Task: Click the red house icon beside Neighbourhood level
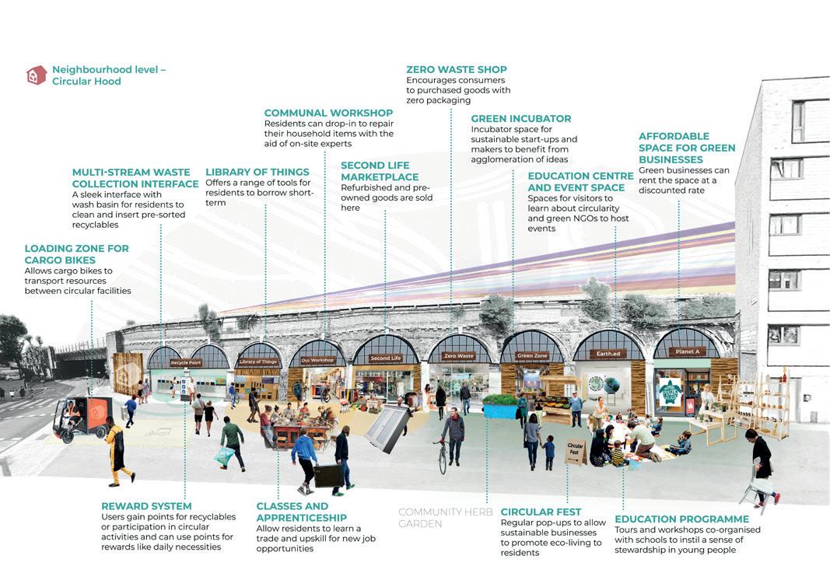pos(36,75)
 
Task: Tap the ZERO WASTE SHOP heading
pos(457,70)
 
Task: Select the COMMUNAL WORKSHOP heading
pos(328,113)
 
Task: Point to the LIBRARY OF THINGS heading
pos(257,173)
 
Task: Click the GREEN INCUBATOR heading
pos(520,119)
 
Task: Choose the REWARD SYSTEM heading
pos(146,506)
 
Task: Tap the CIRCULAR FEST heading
pos(541,512)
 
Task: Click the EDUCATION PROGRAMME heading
pos(681,519)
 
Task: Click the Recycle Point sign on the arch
pos(186,363)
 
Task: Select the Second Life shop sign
pos(386,358)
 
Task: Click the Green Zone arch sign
pos(532,356)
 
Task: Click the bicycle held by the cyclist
pos(443,456)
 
